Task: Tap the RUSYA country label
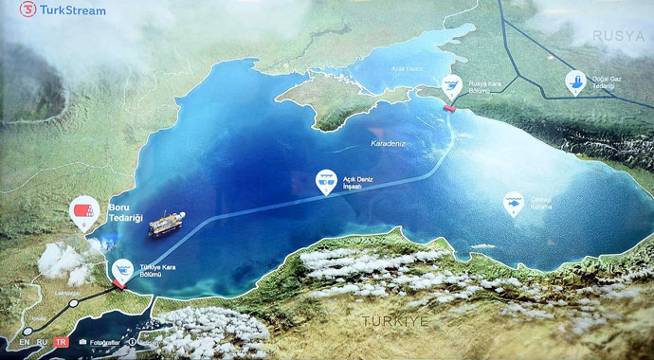point(617,35)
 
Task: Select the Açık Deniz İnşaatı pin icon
point(326,180)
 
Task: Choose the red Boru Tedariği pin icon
point(84,213)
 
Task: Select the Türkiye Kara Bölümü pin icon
point(122,269)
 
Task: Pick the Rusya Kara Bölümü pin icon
point(452,87)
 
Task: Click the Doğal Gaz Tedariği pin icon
point(574,81)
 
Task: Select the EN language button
point(23,341)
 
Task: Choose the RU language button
point(42,341)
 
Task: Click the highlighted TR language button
point(62,341)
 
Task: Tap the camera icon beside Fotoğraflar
point(83,341)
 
